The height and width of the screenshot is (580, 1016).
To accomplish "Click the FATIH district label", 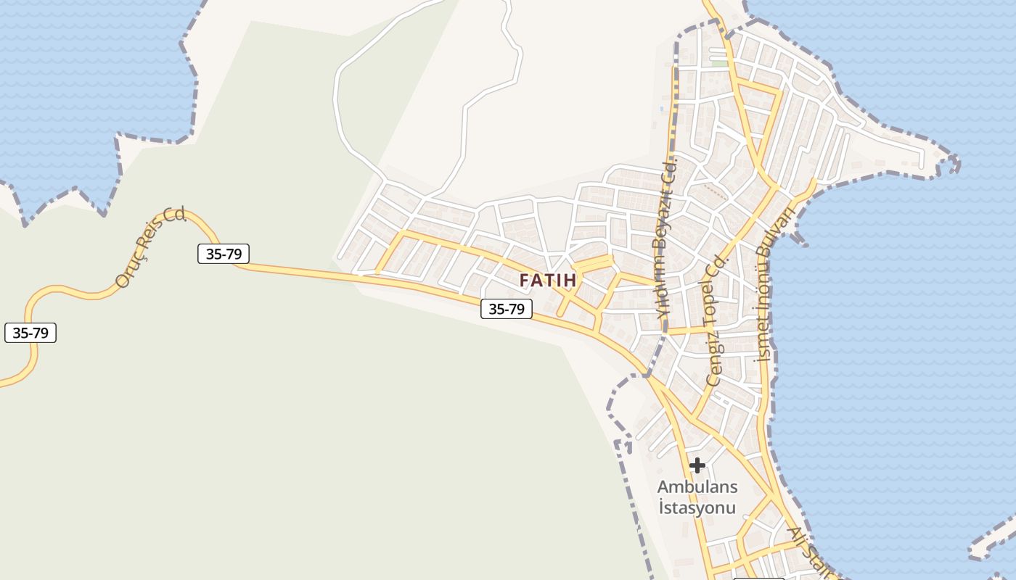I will click(548, 280).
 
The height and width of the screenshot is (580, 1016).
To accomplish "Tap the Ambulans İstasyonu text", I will click(697, 497).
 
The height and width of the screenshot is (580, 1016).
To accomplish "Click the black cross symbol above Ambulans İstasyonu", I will click(697, 465).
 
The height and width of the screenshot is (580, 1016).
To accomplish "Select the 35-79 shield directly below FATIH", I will click(506, 309).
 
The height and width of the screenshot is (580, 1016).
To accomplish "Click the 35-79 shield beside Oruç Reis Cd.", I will click(224, 254).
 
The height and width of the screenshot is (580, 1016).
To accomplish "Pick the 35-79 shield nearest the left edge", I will click(30, 333).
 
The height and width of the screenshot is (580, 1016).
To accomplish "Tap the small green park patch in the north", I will click(718, 64).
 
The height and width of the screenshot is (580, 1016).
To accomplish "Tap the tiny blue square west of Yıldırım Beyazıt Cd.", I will click(662, 109).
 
